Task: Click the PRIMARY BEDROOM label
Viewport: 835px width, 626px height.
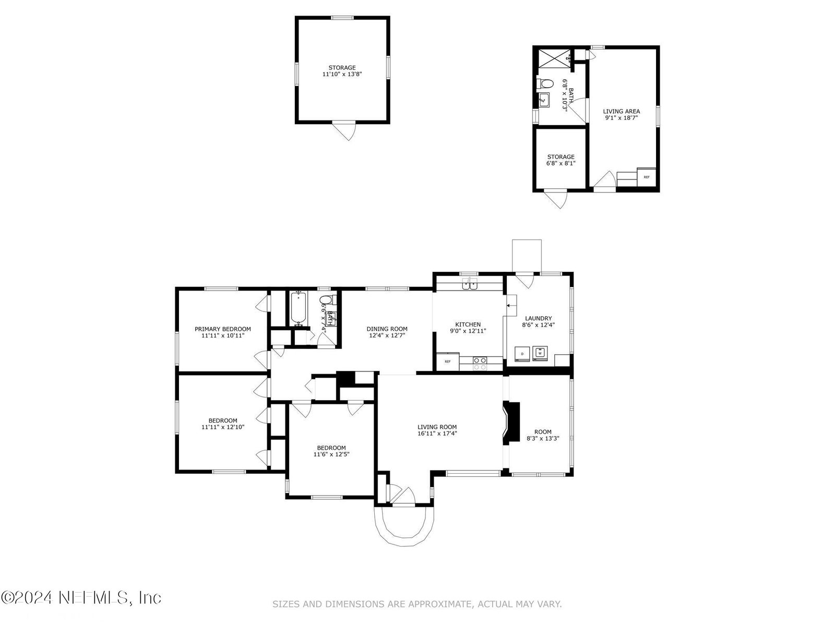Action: pos(222,329)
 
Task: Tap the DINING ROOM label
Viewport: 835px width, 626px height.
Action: pos(387,329)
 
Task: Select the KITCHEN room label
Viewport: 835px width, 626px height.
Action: pos(468,324)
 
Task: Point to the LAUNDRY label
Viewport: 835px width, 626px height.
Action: pos(538,318)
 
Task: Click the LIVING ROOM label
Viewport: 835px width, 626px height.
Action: pos(437,427)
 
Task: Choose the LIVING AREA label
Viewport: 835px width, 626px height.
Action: pos(621,111)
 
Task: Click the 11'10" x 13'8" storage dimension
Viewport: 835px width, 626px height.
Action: pos(342,74)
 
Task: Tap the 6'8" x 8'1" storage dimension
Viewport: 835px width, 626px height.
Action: pos(560,163)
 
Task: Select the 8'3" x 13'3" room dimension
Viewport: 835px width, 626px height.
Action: pos(543,438)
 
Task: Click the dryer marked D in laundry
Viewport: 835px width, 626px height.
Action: pos(522,354)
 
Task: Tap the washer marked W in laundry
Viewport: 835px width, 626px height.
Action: pos(540,353)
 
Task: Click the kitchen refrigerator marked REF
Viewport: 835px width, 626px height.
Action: pos(448,362)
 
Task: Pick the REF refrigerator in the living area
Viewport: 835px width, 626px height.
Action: pos(646,177)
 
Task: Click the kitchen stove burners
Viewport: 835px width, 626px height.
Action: pos(480,364)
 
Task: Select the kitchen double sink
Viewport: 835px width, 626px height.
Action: pos(470,284)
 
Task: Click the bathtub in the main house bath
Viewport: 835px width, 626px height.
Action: pos(299,308)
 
